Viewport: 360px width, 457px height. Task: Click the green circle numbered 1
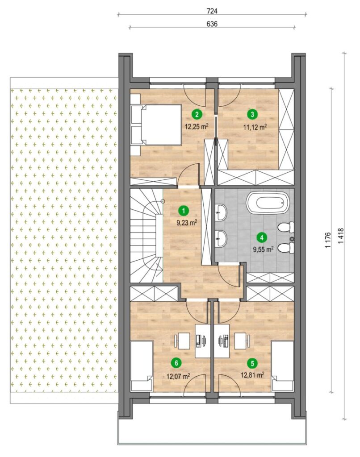click(x=184, y=210)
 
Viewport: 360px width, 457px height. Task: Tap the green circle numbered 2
click(x=197, y=114)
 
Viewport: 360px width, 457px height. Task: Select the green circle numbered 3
click(x=252, y=114)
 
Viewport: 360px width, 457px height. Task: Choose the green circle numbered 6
click(x=176, y=363)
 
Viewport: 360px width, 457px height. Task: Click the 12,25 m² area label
click(x=197, y=126)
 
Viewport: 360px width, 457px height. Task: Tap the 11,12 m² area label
click(x=255, y=126)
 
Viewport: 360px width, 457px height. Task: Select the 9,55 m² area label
click(x=263, y=249)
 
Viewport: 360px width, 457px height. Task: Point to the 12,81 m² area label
click(x=252, y=375)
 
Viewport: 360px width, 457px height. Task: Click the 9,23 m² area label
click(x=187, y=223)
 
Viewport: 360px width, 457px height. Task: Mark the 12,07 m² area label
click(x=178, y=376)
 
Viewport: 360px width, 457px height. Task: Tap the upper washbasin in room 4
click(x=221, y=212)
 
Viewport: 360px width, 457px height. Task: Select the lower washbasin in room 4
click(x=221, y=239)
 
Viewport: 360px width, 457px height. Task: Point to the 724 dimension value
click(x=212, y=11)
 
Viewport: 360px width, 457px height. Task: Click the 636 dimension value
click(x=212, y=24)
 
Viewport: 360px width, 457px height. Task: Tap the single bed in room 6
click(x=142, y=366)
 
